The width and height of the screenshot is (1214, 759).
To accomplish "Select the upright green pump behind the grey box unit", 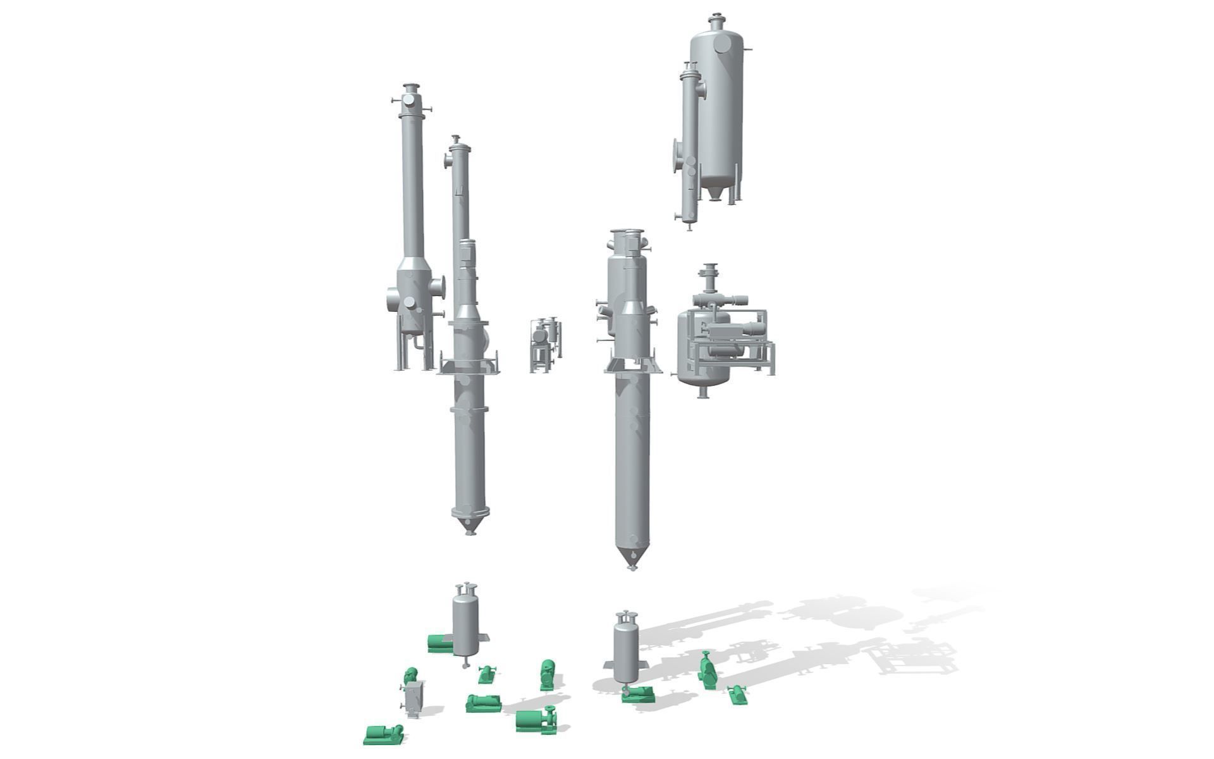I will point(410,675).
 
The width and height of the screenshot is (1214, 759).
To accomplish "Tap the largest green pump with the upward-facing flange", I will point(535,720).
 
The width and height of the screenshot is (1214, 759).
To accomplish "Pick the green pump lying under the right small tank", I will point(638,694).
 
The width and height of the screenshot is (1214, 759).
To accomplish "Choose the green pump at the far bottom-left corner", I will point(383,734).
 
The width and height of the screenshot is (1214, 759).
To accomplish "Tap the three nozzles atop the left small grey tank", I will point(466,587).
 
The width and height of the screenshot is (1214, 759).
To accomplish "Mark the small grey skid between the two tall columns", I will point(545,345).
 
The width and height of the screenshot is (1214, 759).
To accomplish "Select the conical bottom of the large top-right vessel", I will point(714,192).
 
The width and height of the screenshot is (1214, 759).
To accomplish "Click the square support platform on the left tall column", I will point(469,366).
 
